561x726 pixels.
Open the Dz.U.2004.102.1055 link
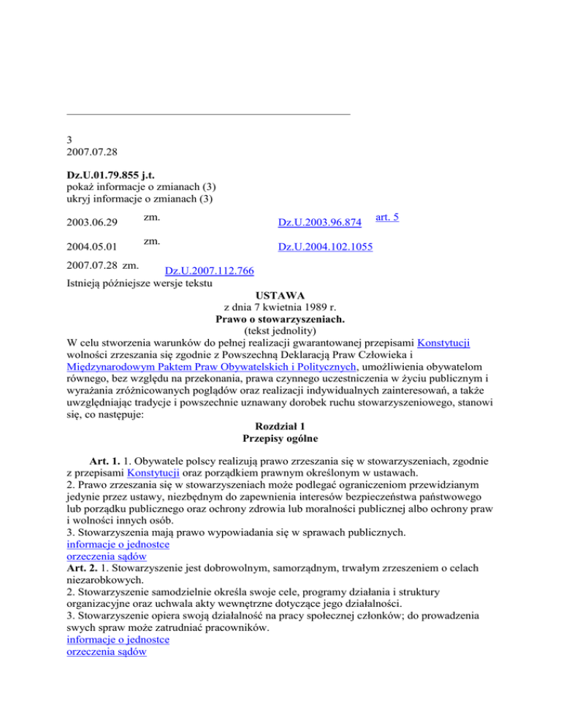[x=325, y=248]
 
